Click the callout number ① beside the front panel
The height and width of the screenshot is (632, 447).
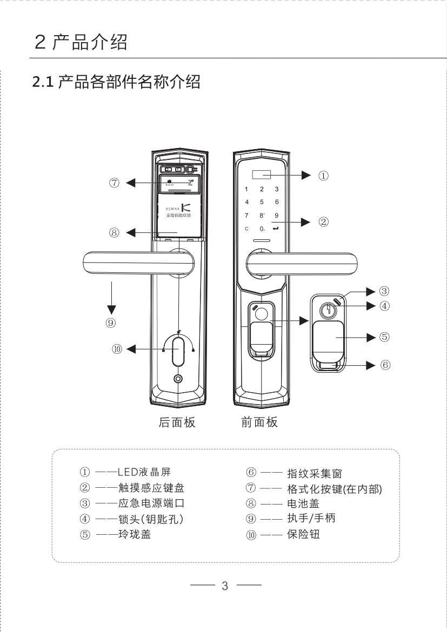click(x=323, y=175)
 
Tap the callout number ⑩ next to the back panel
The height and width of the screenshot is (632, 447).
click(x=117, y=349)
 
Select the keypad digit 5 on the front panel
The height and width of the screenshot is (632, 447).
click(x=262, y=202)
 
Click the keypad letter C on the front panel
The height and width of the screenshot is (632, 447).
click(x=246, y=229)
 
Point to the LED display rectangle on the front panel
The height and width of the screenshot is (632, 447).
click(x=261, y=176)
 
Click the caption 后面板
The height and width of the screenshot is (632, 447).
click(x=177, y=422)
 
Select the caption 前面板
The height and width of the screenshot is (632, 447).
click(x=259, y=422)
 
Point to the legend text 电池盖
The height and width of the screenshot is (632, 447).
click(x=303, y=504)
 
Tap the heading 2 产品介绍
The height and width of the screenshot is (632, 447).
click(x=81, y=42)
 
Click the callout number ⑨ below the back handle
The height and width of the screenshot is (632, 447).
click(x=111, y=323)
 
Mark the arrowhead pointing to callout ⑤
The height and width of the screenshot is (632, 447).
click(x=371, y=338)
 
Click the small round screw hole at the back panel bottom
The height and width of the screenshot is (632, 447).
click(x=178, y=379)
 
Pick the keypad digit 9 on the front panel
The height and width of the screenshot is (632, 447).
click(x=276, y=216)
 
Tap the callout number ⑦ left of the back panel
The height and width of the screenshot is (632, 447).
click(x=114, y=183)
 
